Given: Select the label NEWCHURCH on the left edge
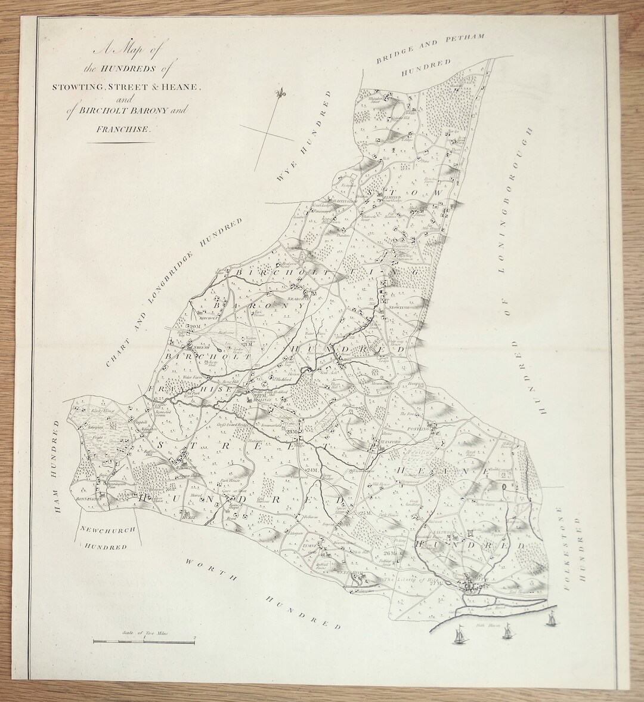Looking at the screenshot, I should point(106,529).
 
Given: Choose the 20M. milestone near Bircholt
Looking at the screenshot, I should point(193,327).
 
